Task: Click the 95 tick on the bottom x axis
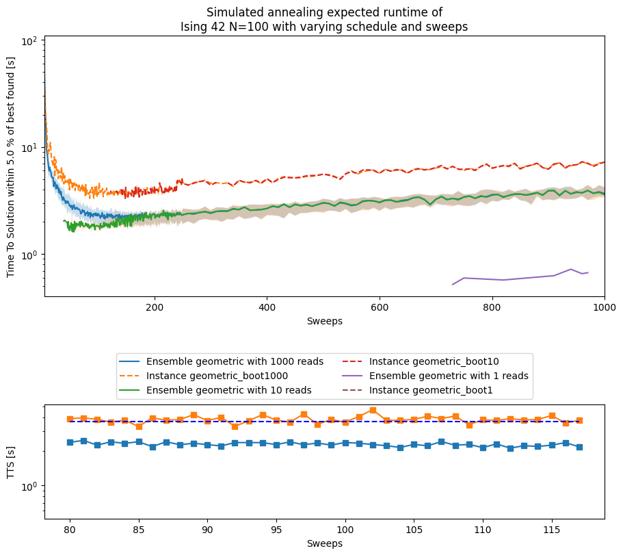[x=276, y=530]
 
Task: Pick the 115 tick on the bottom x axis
[x=552, y=530]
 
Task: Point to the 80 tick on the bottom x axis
[x=70, y=530]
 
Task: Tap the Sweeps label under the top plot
[x=325, y=321]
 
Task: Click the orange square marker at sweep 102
[x=373, y=411]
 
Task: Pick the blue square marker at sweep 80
[x=70, y=442]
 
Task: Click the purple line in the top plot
[x=533, y=278]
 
